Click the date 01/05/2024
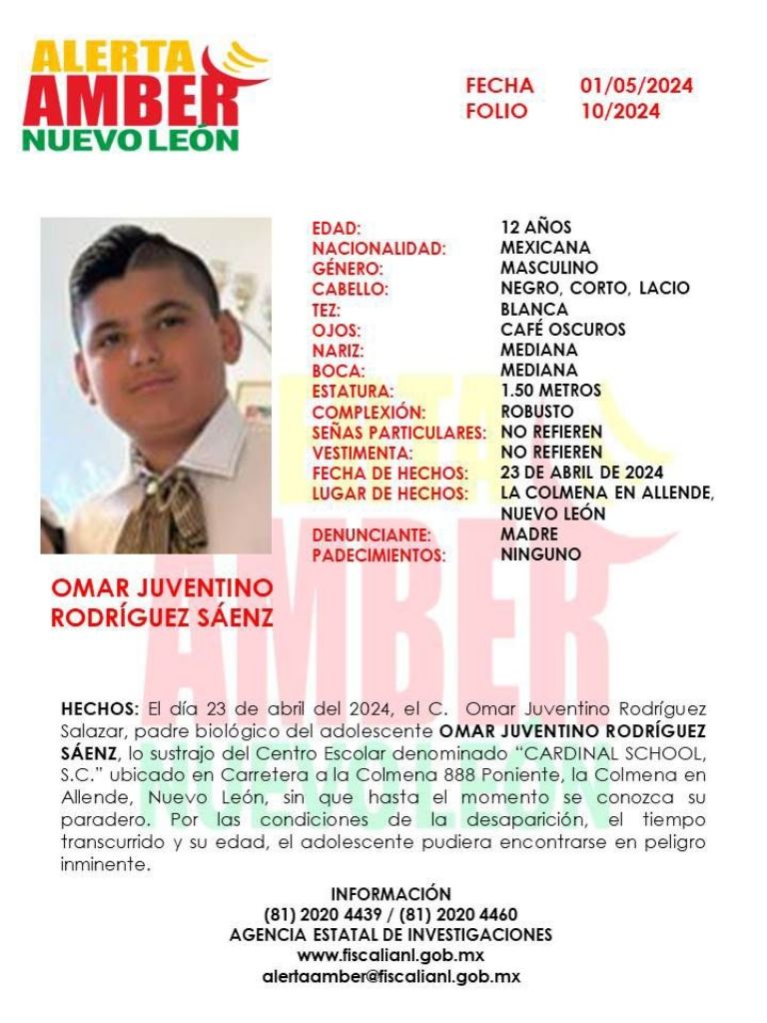pos(636,86)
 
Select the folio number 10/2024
pos(620,112)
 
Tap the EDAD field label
pos(337,229)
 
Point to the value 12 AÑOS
pos(536,227)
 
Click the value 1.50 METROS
pos(551,391)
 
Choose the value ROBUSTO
pos(537,411)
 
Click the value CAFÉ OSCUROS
pos(563,329)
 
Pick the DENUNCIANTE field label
pos(372,534)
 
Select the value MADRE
pos(529,533)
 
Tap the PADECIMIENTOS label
pos(380,554)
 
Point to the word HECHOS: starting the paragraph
pos(100,708)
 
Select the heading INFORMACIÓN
pos(390,893)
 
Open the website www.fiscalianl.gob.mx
pos(390,956)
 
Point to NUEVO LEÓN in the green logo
pos(131,138)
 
